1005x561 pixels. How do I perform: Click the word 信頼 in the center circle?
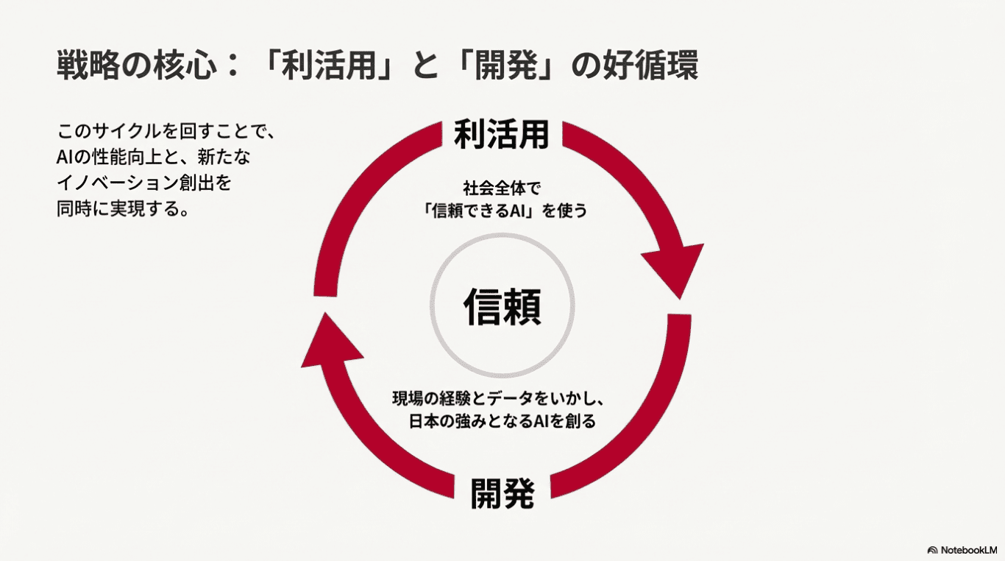[x=502, y=307]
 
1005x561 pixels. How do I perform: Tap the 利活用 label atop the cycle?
[x=502, y=134]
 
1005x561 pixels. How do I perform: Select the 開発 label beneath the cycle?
[x=502, y=493]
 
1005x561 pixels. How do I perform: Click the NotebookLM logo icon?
[x=932, y=549]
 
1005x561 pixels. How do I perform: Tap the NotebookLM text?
[x=969, y=549]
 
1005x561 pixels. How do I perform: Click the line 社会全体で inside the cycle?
[x=502, y=188]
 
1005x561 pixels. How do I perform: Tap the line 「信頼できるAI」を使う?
[x=502, y=211]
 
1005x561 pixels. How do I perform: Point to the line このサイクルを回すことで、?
[x=166, y=133]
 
